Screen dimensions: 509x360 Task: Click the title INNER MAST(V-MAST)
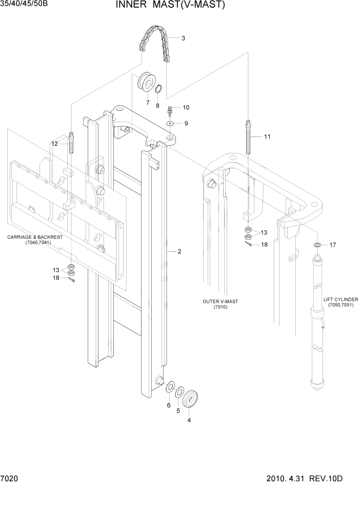[163, 6]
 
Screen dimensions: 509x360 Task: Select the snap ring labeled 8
[159, 90]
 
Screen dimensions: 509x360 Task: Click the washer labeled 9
[170, 123]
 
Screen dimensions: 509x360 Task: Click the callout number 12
[54, 144]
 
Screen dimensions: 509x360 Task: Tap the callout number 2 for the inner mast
[179, 251]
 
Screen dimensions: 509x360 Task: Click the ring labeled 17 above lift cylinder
[318, 245]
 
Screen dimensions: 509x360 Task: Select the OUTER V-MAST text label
[221, 304]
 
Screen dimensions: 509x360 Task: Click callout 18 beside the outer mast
[264, 245]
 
